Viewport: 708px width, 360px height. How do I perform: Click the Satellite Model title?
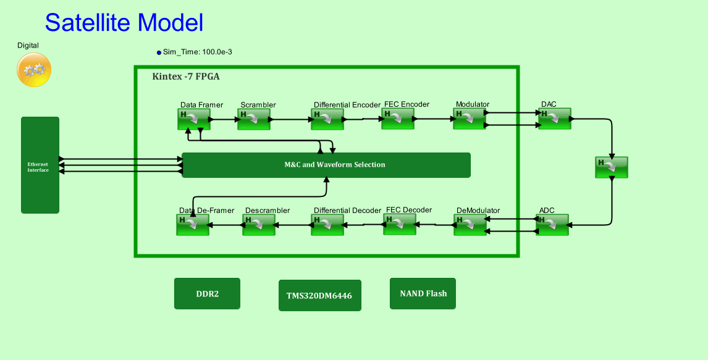(x=124, y=23)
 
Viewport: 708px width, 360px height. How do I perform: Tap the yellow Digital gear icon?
(x=34, y=70)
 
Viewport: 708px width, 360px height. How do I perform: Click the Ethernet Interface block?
(x=40, y=165)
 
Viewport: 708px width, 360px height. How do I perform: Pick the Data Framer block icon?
(x=193, y=119)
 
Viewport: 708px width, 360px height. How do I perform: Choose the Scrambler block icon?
(x=254, y=119)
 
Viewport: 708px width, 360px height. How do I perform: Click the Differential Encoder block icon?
(x=327, y=119)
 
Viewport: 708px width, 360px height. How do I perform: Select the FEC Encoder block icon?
(x=398, y=119)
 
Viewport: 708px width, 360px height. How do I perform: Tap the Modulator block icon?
(x=470, y=119)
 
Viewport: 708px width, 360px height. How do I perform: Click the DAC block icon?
(x=555, y=119)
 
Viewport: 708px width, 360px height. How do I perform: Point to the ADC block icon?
(x=552, y=224)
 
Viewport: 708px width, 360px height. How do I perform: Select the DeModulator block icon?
(x=470, y=225)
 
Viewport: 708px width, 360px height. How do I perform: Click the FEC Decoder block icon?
(x=400, y=224)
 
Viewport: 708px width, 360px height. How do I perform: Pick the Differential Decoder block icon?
(x=327, y=225)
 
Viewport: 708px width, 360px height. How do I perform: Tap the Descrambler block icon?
(x=259, y=225)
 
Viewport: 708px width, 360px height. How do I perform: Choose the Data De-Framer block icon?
(x=193, y=225)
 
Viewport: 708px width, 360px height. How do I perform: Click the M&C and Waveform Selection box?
(x=326, y=165)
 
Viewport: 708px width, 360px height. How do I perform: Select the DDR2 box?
(x=207, y=294)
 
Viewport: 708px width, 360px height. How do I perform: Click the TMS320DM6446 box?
(x=319, y=295)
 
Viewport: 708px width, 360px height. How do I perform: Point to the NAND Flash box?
(x=423, y=293)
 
